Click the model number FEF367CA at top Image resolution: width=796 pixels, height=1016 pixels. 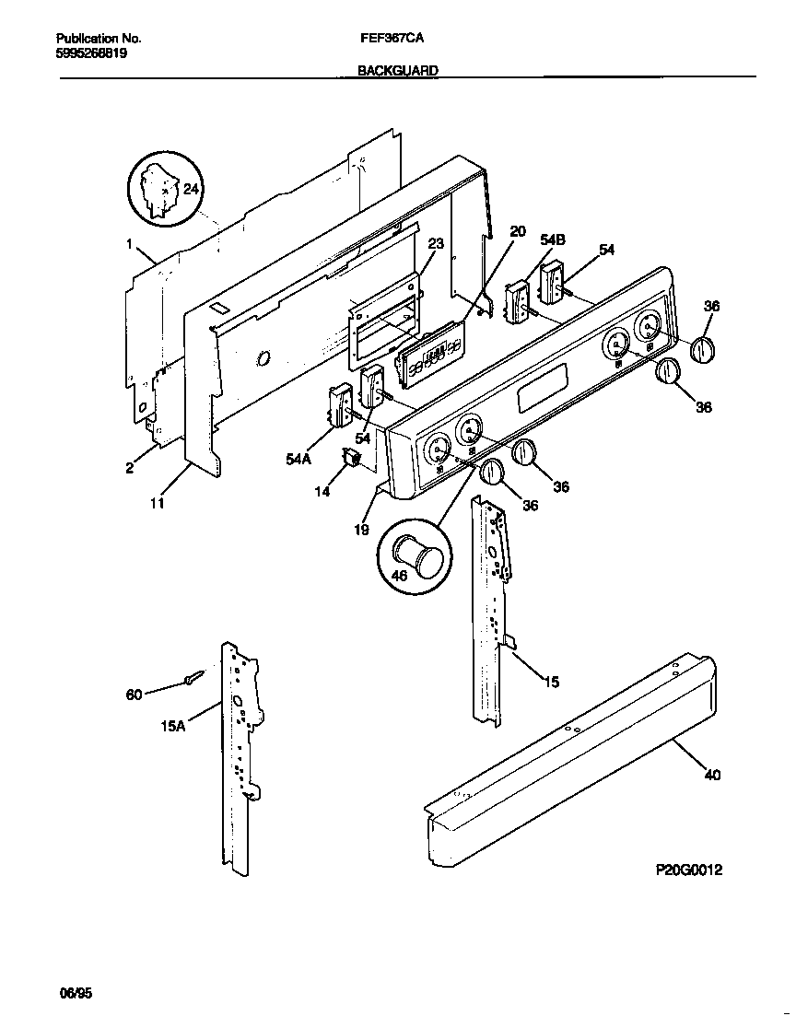[x=398, y=40]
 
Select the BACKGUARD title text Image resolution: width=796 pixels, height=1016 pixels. [x=398, y=70]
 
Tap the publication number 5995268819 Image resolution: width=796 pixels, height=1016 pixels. [x=92, y=53]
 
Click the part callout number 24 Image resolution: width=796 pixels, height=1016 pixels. [x=191, y=189]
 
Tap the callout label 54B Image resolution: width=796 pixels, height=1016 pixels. [x=553, y=240]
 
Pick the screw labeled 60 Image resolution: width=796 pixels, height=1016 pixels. [x=193, y=680]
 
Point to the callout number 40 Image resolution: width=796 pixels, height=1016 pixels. [x=712, y=775]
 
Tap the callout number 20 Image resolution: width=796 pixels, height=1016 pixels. [x=518, y=231]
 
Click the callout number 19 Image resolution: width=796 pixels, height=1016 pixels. [x=362, y=530]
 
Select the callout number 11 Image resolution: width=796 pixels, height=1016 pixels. [x=158, y=503]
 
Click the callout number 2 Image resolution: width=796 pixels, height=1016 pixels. [x=130, y=468]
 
